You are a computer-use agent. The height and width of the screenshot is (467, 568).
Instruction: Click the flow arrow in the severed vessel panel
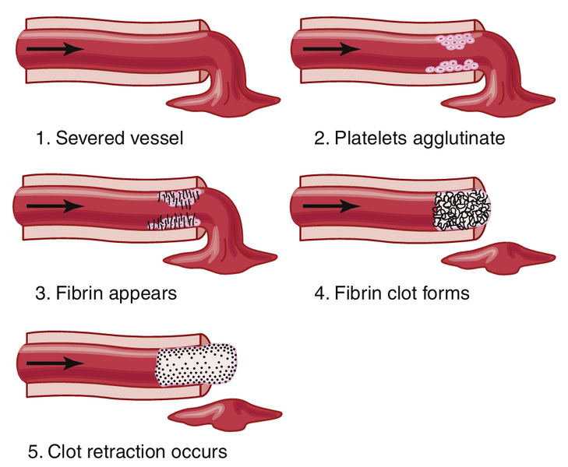point(55,49)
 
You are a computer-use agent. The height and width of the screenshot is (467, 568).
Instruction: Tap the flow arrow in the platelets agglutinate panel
point(331,49)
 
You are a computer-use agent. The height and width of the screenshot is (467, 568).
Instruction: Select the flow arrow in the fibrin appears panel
point(55,207)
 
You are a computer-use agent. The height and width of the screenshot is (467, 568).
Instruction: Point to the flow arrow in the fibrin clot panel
point(331,207)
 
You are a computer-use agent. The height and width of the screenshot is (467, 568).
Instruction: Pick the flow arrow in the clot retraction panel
point(55,363)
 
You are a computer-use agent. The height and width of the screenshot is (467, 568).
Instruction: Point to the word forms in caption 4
point(445,294)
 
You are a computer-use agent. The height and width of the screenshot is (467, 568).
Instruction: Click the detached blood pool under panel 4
point(497,259)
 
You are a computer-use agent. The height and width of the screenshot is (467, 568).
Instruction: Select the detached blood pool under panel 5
point(224,413)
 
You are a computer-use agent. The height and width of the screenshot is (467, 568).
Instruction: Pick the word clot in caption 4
point(406,294)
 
